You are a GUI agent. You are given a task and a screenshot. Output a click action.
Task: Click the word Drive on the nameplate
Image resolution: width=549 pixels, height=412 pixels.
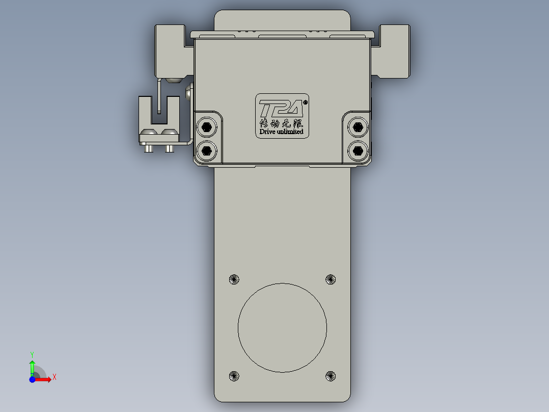pos(268,132)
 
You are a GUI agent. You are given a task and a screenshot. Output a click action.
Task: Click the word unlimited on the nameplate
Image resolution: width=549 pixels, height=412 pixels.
pos(290,132)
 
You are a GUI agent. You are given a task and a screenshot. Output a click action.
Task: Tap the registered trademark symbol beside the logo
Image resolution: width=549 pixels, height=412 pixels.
pos(305,102)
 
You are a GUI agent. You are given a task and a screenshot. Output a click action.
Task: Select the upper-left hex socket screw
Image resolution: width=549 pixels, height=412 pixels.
pos(206,126)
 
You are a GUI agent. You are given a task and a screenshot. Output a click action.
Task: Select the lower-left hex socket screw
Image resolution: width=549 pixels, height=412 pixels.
pos(206,150)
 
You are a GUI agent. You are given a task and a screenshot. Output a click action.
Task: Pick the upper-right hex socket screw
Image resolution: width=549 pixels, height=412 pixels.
pos(358,126)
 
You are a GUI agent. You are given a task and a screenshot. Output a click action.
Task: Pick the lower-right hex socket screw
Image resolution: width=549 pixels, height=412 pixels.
pos(358,150)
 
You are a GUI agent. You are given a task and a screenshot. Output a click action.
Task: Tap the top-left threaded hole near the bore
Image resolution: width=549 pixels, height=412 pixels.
pos(234,279)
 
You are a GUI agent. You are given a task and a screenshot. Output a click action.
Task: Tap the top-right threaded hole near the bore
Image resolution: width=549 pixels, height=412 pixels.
pos(331,279)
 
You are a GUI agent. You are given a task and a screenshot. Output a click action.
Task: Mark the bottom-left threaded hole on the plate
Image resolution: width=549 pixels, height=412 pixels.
pos(234,376)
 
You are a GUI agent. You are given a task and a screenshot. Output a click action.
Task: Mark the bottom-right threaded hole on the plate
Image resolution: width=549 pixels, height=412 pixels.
pos(331,376)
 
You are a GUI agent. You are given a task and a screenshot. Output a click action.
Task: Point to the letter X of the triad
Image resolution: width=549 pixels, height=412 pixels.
pos(54,377)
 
